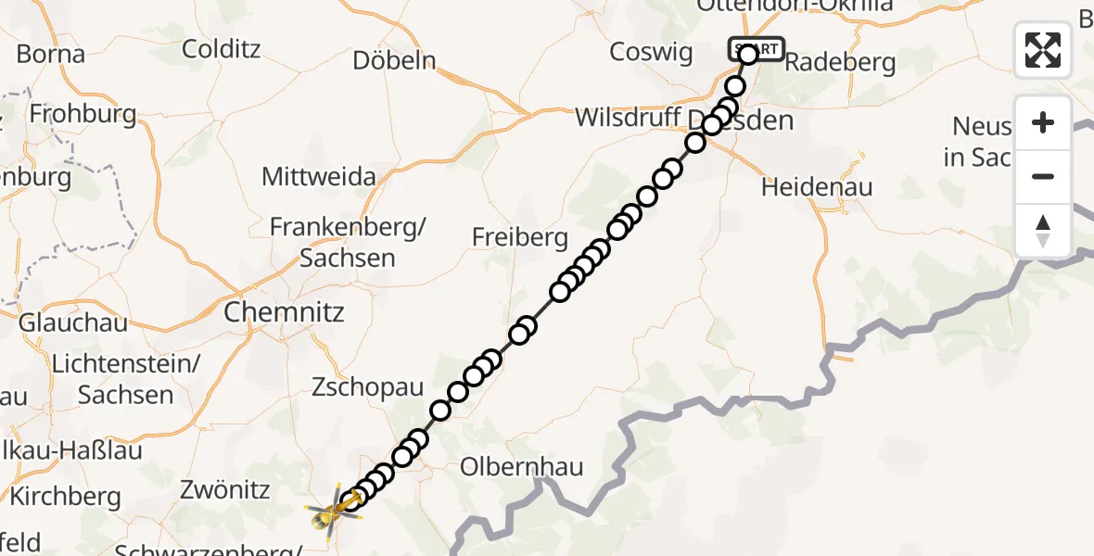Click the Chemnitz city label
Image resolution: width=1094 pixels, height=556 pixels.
tap(284, 312)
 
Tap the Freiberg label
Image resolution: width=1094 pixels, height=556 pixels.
tap(519, 238)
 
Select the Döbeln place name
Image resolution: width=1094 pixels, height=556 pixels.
tap(394, 61)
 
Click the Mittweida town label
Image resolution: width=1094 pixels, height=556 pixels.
tap(319, 176)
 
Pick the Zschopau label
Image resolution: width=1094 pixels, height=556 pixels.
tap(367, 386)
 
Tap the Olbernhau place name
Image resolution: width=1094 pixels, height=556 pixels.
tap(522, 466)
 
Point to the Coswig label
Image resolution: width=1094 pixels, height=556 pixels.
tap(651, 53)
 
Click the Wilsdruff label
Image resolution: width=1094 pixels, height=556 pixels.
tap(630, 119)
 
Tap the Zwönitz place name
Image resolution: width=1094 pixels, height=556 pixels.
tap(226, 489)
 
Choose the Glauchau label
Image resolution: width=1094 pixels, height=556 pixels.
tap(73, 323)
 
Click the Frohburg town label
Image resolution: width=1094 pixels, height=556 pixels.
tap(83, 115)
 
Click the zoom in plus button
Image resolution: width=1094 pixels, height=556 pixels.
tap(1043, 123)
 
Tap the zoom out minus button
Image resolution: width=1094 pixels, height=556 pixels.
tap(1043, 176)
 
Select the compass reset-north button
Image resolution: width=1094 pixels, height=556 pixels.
tap(1043, 230)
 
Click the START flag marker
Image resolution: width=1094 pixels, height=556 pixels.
tap(757, 48)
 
